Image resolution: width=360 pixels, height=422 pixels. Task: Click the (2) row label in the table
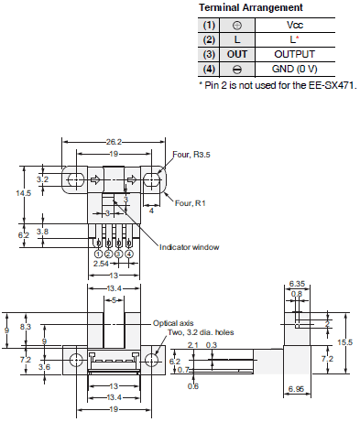click(210, 40)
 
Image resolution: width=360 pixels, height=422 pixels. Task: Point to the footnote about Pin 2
click(277, 84)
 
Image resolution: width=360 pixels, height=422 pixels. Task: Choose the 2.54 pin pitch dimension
click(102, 265)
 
